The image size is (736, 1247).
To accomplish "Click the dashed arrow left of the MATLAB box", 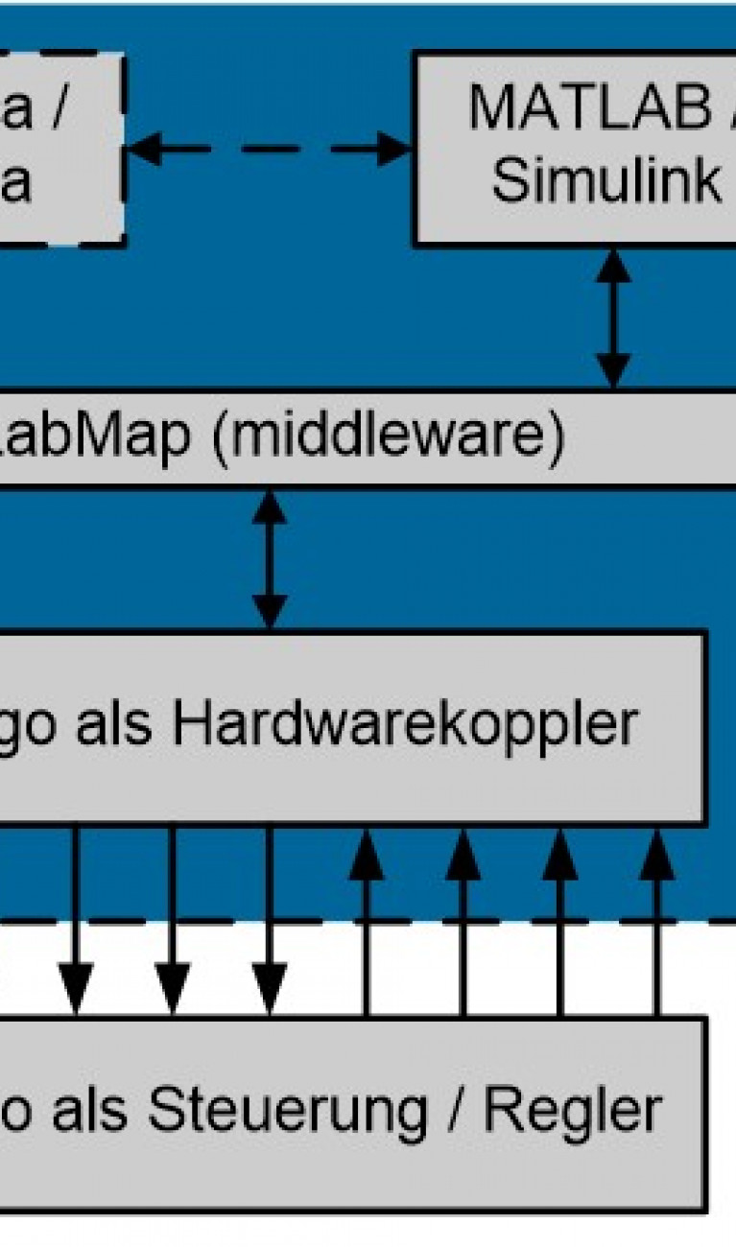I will pos(269,149).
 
